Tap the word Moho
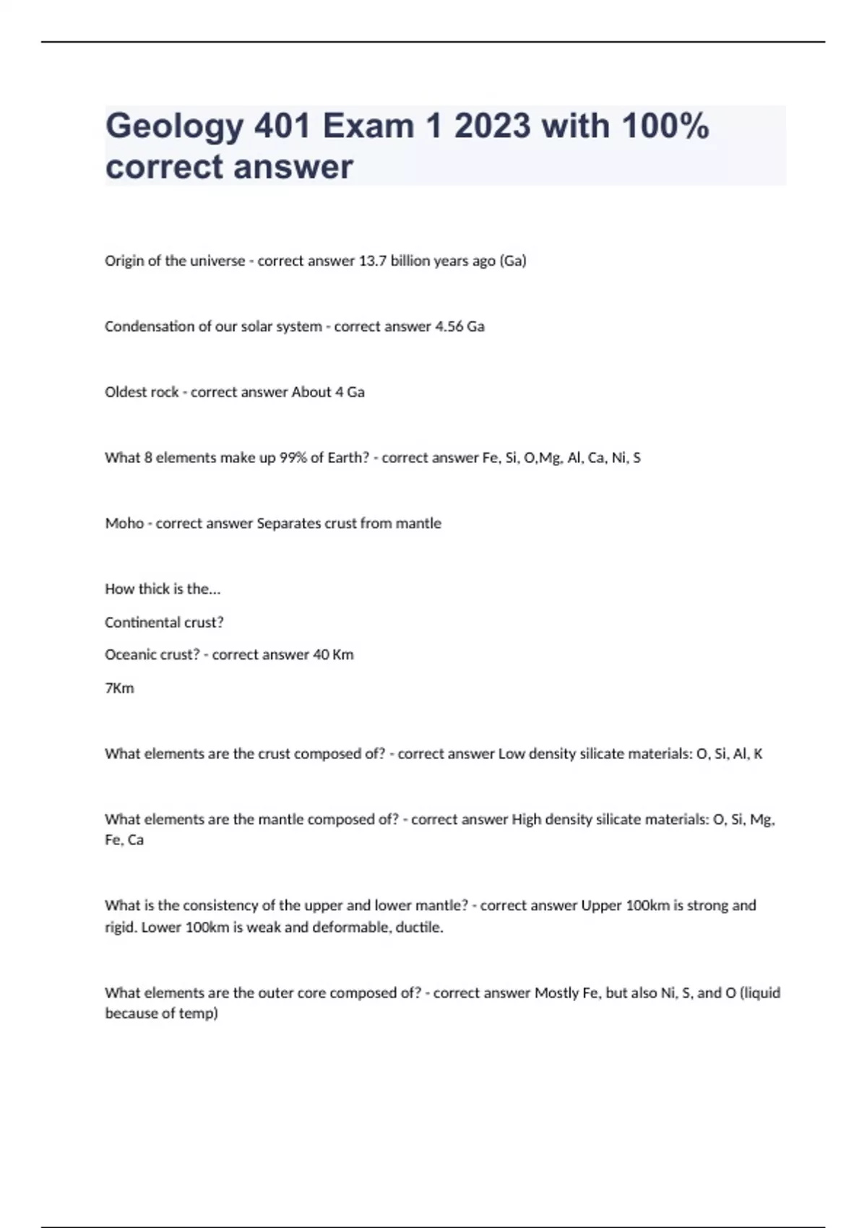[x=124, y=524]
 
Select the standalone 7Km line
[x=119, y=688]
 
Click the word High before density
[x=526, y=820]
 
